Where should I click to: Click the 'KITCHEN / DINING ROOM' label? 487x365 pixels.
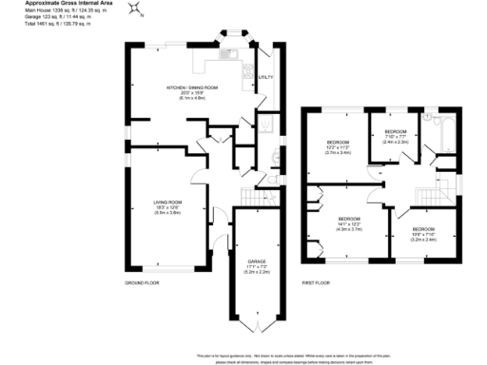point(192,87)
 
